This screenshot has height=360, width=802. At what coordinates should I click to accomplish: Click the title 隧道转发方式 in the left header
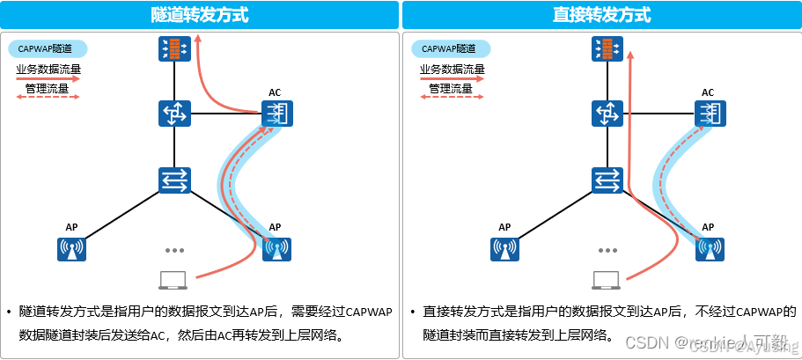[x=200, y=15]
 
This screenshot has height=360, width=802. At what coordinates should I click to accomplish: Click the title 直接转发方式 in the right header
[x=602, y=15]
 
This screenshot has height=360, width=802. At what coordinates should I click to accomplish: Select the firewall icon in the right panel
[x=604, y=49]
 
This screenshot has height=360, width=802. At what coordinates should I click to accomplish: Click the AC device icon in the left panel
[x=276, y=114]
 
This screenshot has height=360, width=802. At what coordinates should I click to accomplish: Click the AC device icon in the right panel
[x=708, y=114]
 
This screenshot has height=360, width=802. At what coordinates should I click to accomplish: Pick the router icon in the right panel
[x=604, y=114]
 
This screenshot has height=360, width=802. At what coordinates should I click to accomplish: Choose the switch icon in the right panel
[x=604, y=180]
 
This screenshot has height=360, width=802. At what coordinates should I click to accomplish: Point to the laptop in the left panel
[x=172, y=281]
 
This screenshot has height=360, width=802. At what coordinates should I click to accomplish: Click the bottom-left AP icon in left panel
[x=71, y=249]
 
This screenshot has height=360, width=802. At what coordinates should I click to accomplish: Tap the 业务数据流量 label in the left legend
[x=48, y=69]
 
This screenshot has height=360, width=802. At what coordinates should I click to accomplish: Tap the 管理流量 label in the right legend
[x=451, y=88]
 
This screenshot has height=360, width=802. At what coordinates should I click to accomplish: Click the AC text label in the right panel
[x=708, y=92]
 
